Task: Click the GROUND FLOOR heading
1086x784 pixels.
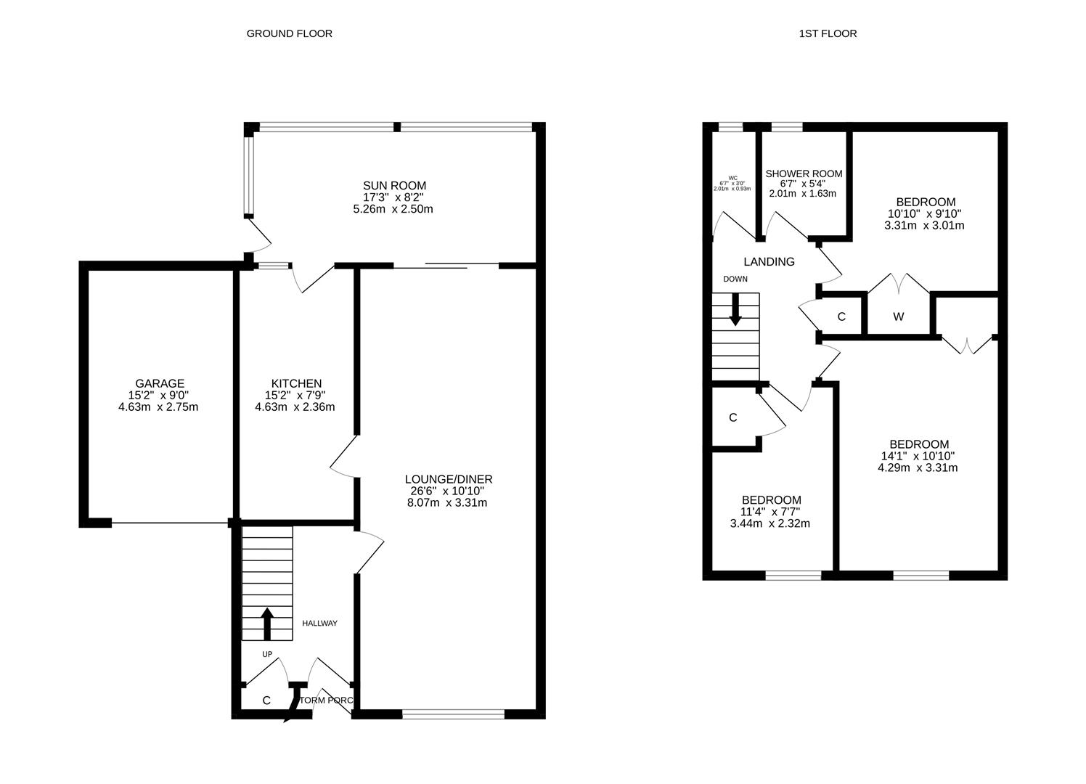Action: (x=289, y=33)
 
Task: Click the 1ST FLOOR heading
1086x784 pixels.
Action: (x=828, y=33)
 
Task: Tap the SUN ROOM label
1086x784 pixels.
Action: (x=394, y=186)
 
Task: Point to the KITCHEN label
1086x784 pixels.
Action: (x=296, y=383)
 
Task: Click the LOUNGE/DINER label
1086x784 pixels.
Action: (x=449, y=479)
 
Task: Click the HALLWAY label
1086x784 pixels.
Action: (x=319, y=624)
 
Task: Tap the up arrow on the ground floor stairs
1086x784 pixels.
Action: (x=266, y=623)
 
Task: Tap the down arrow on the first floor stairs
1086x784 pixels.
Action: (x=735, y=309)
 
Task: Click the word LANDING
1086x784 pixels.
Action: (x=769, y=262)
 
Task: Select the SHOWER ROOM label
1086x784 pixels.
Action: (x=804, y=173)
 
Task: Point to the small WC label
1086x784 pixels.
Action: (x=732, y=178)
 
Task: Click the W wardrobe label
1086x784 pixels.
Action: (x=899, y=317)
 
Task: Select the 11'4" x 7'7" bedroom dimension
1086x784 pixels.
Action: (x=771, y=512)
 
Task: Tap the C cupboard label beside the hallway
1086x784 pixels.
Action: (x=266, y=701)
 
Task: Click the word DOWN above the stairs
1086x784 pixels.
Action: (x=735, y=279)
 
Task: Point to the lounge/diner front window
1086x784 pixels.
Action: (x=453, y=715)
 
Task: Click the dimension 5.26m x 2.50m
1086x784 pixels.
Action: (x=393, y=209)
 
